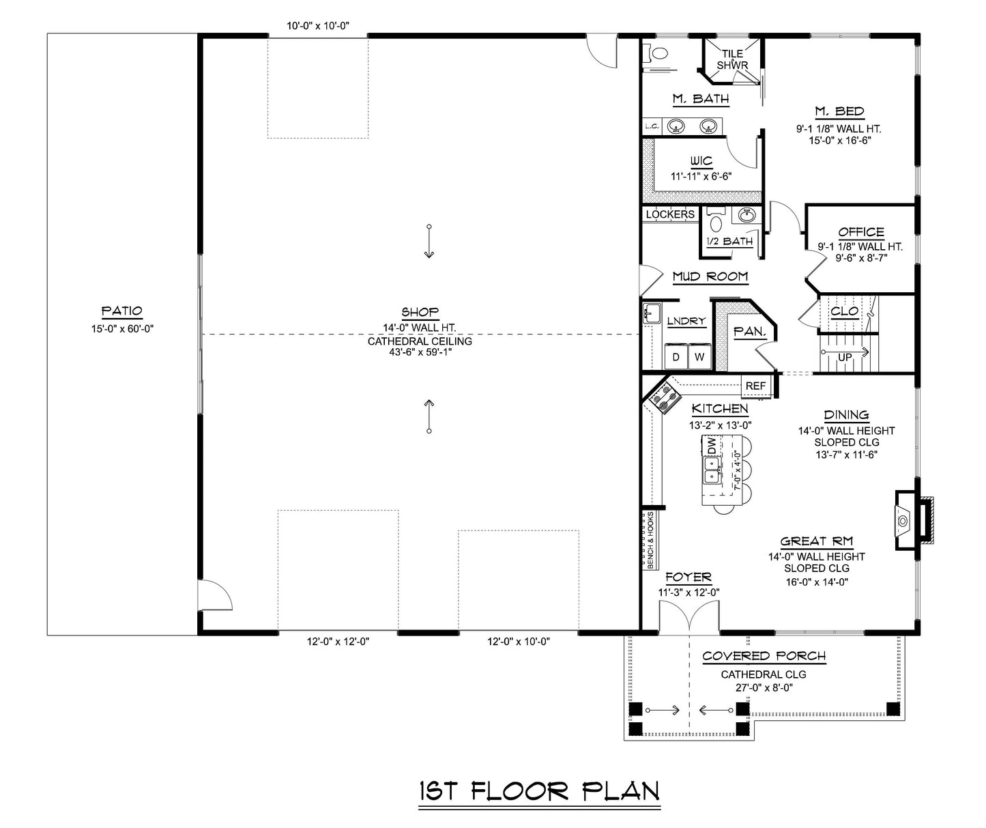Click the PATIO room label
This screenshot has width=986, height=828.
pos(121,311)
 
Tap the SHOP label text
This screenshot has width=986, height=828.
pos(420,313)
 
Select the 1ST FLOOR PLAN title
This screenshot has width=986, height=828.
pos(539,791)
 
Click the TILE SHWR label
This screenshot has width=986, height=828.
pos(732,59)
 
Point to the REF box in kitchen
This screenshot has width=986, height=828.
pos(755,386)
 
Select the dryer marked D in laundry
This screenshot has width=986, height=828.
pos(676,356)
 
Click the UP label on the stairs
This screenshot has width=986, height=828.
pos(845,357)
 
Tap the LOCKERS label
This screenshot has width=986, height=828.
pos(669,214)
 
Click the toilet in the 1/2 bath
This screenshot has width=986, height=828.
pos(716,222)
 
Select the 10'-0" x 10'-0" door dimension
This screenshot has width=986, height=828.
pos(317,27)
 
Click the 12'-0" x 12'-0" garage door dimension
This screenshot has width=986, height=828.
pos(338,642)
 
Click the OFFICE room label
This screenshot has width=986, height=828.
pos(860,232)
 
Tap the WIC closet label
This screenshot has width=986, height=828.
pos(701,162)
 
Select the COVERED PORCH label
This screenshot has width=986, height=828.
pos(764,656)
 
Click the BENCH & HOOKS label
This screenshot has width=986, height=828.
pos(650,540)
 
